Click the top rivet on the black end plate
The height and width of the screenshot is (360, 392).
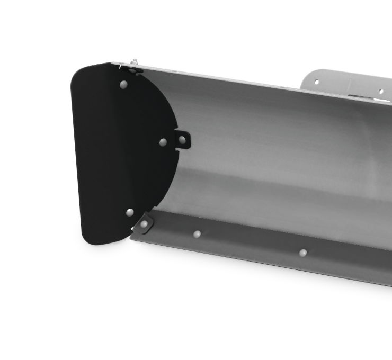click(x=123, y=84)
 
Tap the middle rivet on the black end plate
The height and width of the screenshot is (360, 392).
click(x=163, y=142)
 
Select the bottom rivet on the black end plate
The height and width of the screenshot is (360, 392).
click(x=130, y=212)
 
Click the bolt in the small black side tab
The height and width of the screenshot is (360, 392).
click(x=182, y=140)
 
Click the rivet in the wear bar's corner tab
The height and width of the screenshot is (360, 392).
click(x=144, y=224)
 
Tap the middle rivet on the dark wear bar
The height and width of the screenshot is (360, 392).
click(x=197, y=233)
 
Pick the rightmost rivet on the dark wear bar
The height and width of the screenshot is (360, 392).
click(x=303, y=253)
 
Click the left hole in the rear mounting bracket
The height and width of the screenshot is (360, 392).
click(x=317, y=82)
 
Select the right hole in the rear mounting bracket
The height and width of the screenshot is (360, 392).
click(x=380, y=91)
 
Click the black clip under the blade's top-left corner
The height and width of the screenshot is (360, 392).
click(x=132, y=69)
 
